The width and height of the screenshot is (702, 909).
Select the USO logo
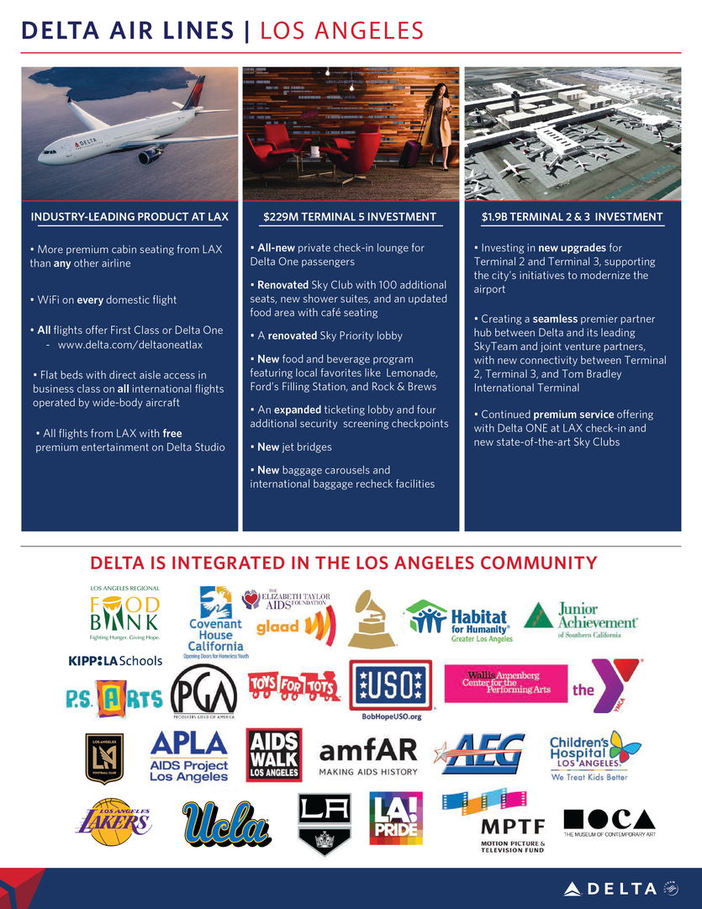(390, 686)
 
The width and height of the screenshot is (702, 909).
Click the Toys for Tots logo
(294, 687)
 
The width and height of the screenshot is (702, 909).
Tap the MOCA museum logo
(609, 818)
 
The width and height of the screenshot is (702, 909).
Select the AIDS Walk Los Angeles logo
(272, 754)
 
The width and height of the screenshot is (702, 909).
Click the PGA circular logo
(204, 692)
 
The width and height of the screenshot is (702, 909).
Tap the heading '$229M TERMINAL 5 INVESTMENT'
(350, 217)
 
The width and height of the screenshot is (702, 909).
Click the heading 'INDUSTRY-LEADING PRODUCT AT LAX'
(129, 217)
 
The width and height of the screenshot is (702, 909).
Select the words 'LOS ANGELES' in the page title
(341, 31)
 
